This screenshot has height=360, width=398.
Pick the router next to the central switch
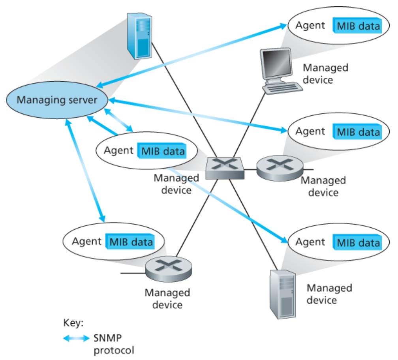point(280,169)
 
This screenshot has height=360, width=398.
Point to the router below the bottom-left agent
point(168,269)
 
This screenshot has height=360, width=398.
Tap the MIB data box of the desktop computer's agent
point(358,26)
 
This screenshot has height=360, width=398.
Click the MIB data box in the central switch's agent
point(163,151)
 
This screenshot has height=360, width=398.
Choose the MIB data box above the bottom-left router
point(130,241)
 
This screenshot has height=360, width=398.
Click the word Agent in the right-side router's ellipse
point(310,131)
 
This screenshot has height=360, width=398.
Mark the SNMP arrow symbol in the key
point(77,339)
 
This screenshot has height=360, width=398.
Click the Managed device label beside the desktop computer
point(325,73)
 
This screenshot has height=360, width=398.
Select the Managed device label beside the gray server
point(329,294)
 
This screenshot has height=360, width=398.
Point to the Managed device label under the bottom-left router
point(167,299)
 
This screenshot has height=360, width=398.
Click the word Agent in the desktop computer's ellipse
point(310,25)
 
